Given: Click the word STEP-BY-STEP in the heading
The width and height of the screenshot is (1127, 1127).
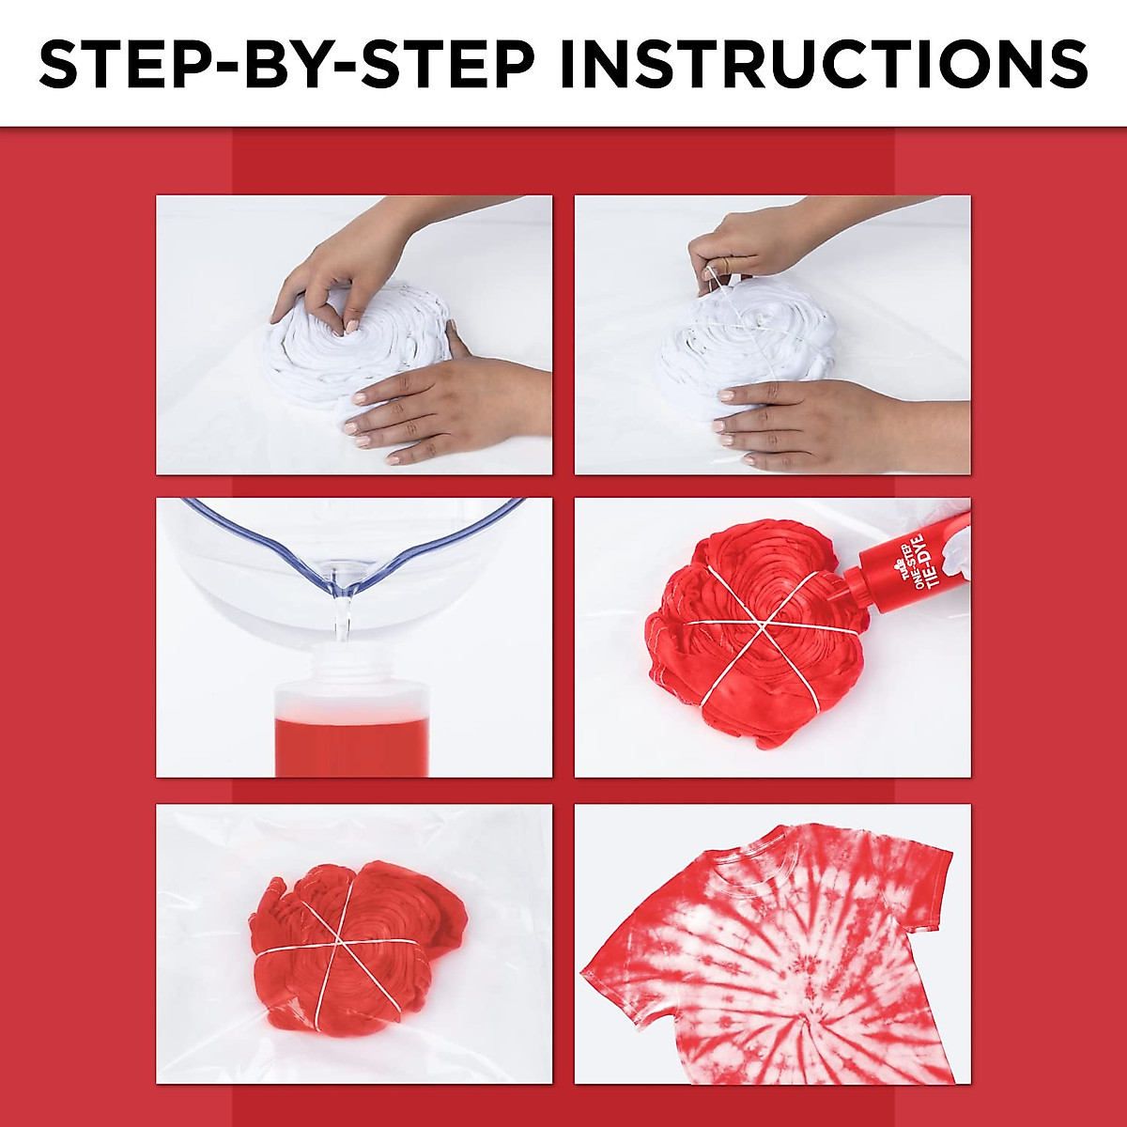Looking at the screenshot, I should (286, 63).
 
